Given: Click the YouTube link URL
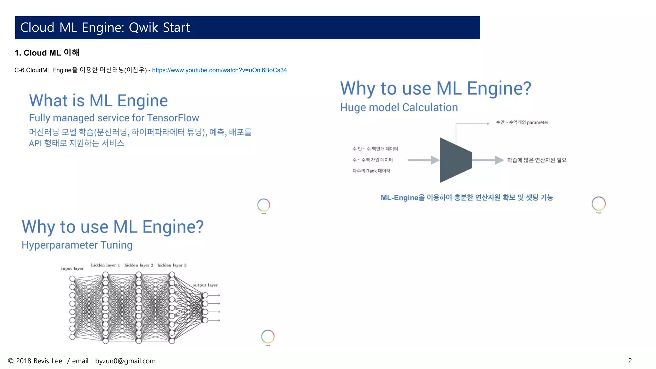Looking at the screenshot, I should [x=219, y=70].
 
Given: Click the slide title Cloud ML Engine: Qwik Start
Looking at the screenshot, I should [x=105, y=28].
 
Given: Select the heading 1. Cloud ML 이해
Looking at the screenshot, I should [x=47, y=53].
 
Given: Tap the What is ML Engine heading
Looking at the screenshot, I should [x=98, y=101].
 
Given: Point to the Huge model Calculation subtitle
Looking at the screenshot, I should [x=399, y=108].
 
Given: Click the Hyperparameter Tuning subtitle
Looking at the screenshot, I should [x=77, y=245].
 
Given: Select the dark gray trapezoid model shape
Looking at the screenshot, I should [x=455, y=160].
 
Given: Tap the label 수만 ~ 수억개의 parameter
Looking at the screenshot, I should [x=522, y=122].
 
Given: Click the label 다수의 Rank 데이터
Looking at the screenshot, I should [x=371, y=171].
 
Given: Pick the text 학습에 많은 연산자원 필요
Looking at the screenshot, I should [x=537, y=160].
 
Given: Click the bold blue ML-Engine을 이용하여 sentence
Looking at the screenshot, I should [x=467, y=198].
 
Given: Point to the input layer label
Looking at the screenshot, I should [x=72, y=268].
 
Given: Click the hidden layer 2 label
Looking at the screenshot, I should [x=139, y=265].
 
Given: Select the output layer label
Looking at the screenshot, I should [x=205, y=285].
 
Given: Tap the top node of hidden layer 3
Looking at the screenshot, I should [x=172, y=275].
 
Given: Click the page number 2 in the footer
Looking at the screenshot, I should [x=630, y=361].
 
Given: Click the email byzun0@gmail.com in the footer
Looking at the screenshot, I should [x=125, y=361].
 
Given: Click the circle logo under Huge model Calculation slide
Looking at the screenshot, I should [x=598, y=203].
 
